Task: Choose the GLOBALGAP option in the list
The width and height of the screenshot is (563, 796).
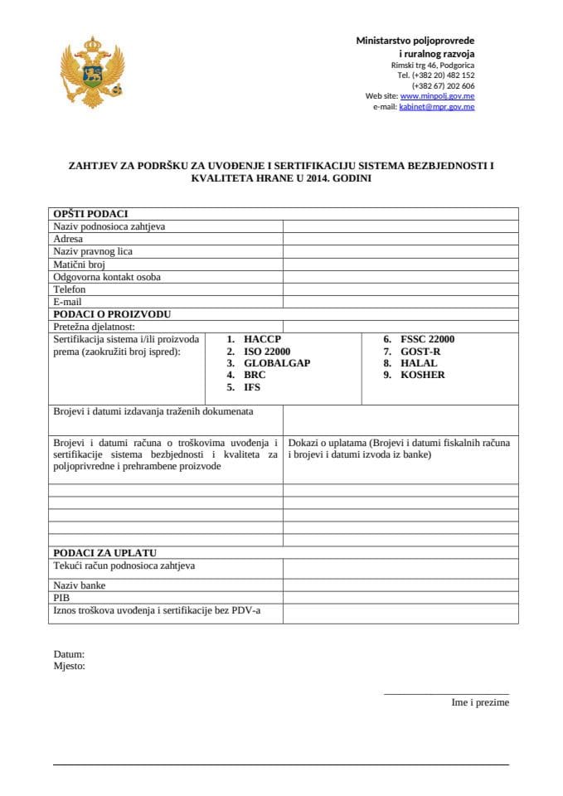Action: click(x=277, y=363)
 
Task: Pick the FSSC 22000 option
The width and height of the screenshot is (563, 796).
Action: click(x=427, y=339)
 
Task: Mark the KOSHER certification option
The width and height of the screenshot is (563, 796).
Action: click(x=422, y=375)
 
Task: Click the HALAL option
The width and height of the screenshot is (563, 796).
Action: click(x=418, y=363)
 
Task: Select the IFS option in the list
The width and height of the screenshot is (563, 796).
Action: click(x=252, y=387)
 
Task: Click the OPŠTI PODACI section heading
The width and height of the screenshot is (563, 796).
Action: click(x=90, y=214)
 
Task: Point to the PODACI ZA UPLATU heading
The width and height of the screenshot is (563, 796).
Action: click(x=104, y=552)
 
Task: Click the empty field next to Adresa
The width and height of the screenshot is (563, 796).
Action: click(x=400, y=239)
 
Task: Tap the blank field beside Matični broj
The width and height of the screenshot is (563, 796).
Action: click(x=400, y=265)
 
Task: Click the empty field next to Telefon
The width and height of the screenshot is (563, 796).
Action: click(x=400, y=289)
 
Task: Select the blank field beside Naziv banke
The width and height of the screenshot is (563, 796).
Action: click(x=400, y=585)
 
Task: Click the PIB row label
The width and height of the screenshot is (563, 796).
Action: click(x=61, y=597)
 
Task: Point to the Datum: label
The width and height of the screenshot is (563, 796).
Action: click(x=69, y=654)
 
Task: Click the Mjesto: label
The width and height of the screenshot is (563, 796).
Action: click(x=70, y=666)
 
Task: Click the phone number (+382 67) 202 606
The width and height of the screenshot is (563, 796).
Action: click(x=443, y=85)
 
